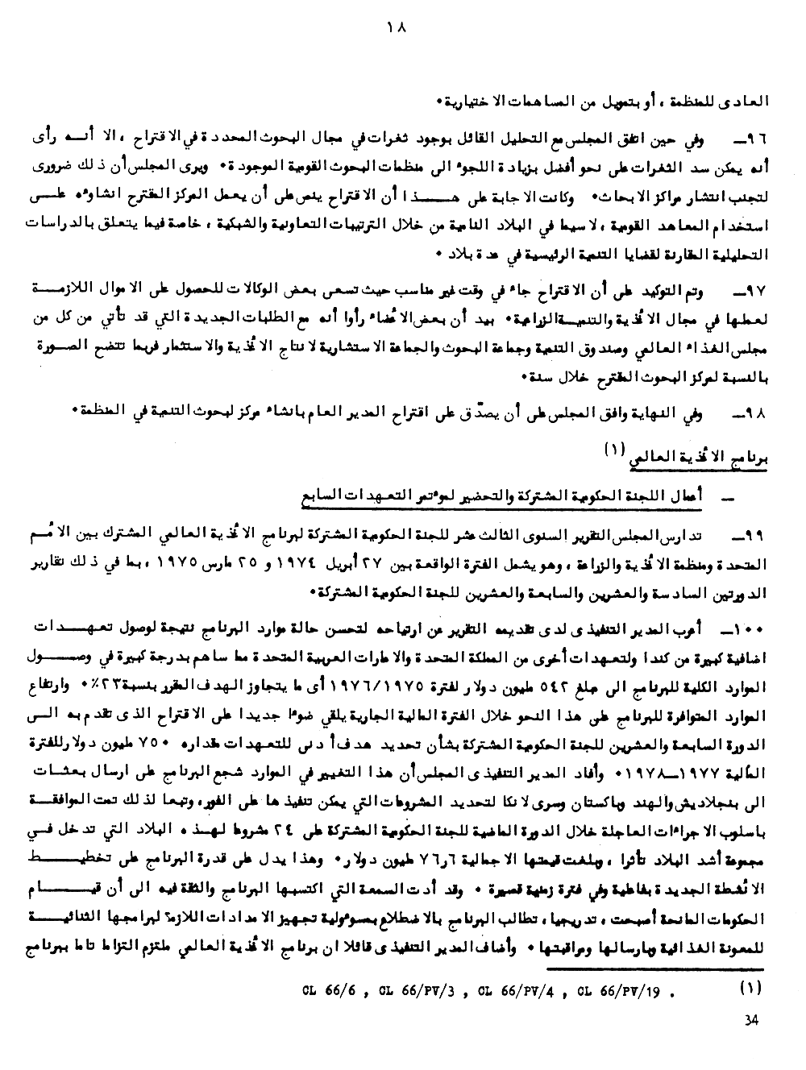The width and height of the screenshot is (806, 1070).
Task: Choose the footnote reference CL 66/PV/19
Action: pyautogui.click(x=623, y=990)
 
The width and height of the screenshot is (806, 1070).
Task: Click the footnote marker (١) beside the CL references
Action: pyautogui.click(x=750, y=986)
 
